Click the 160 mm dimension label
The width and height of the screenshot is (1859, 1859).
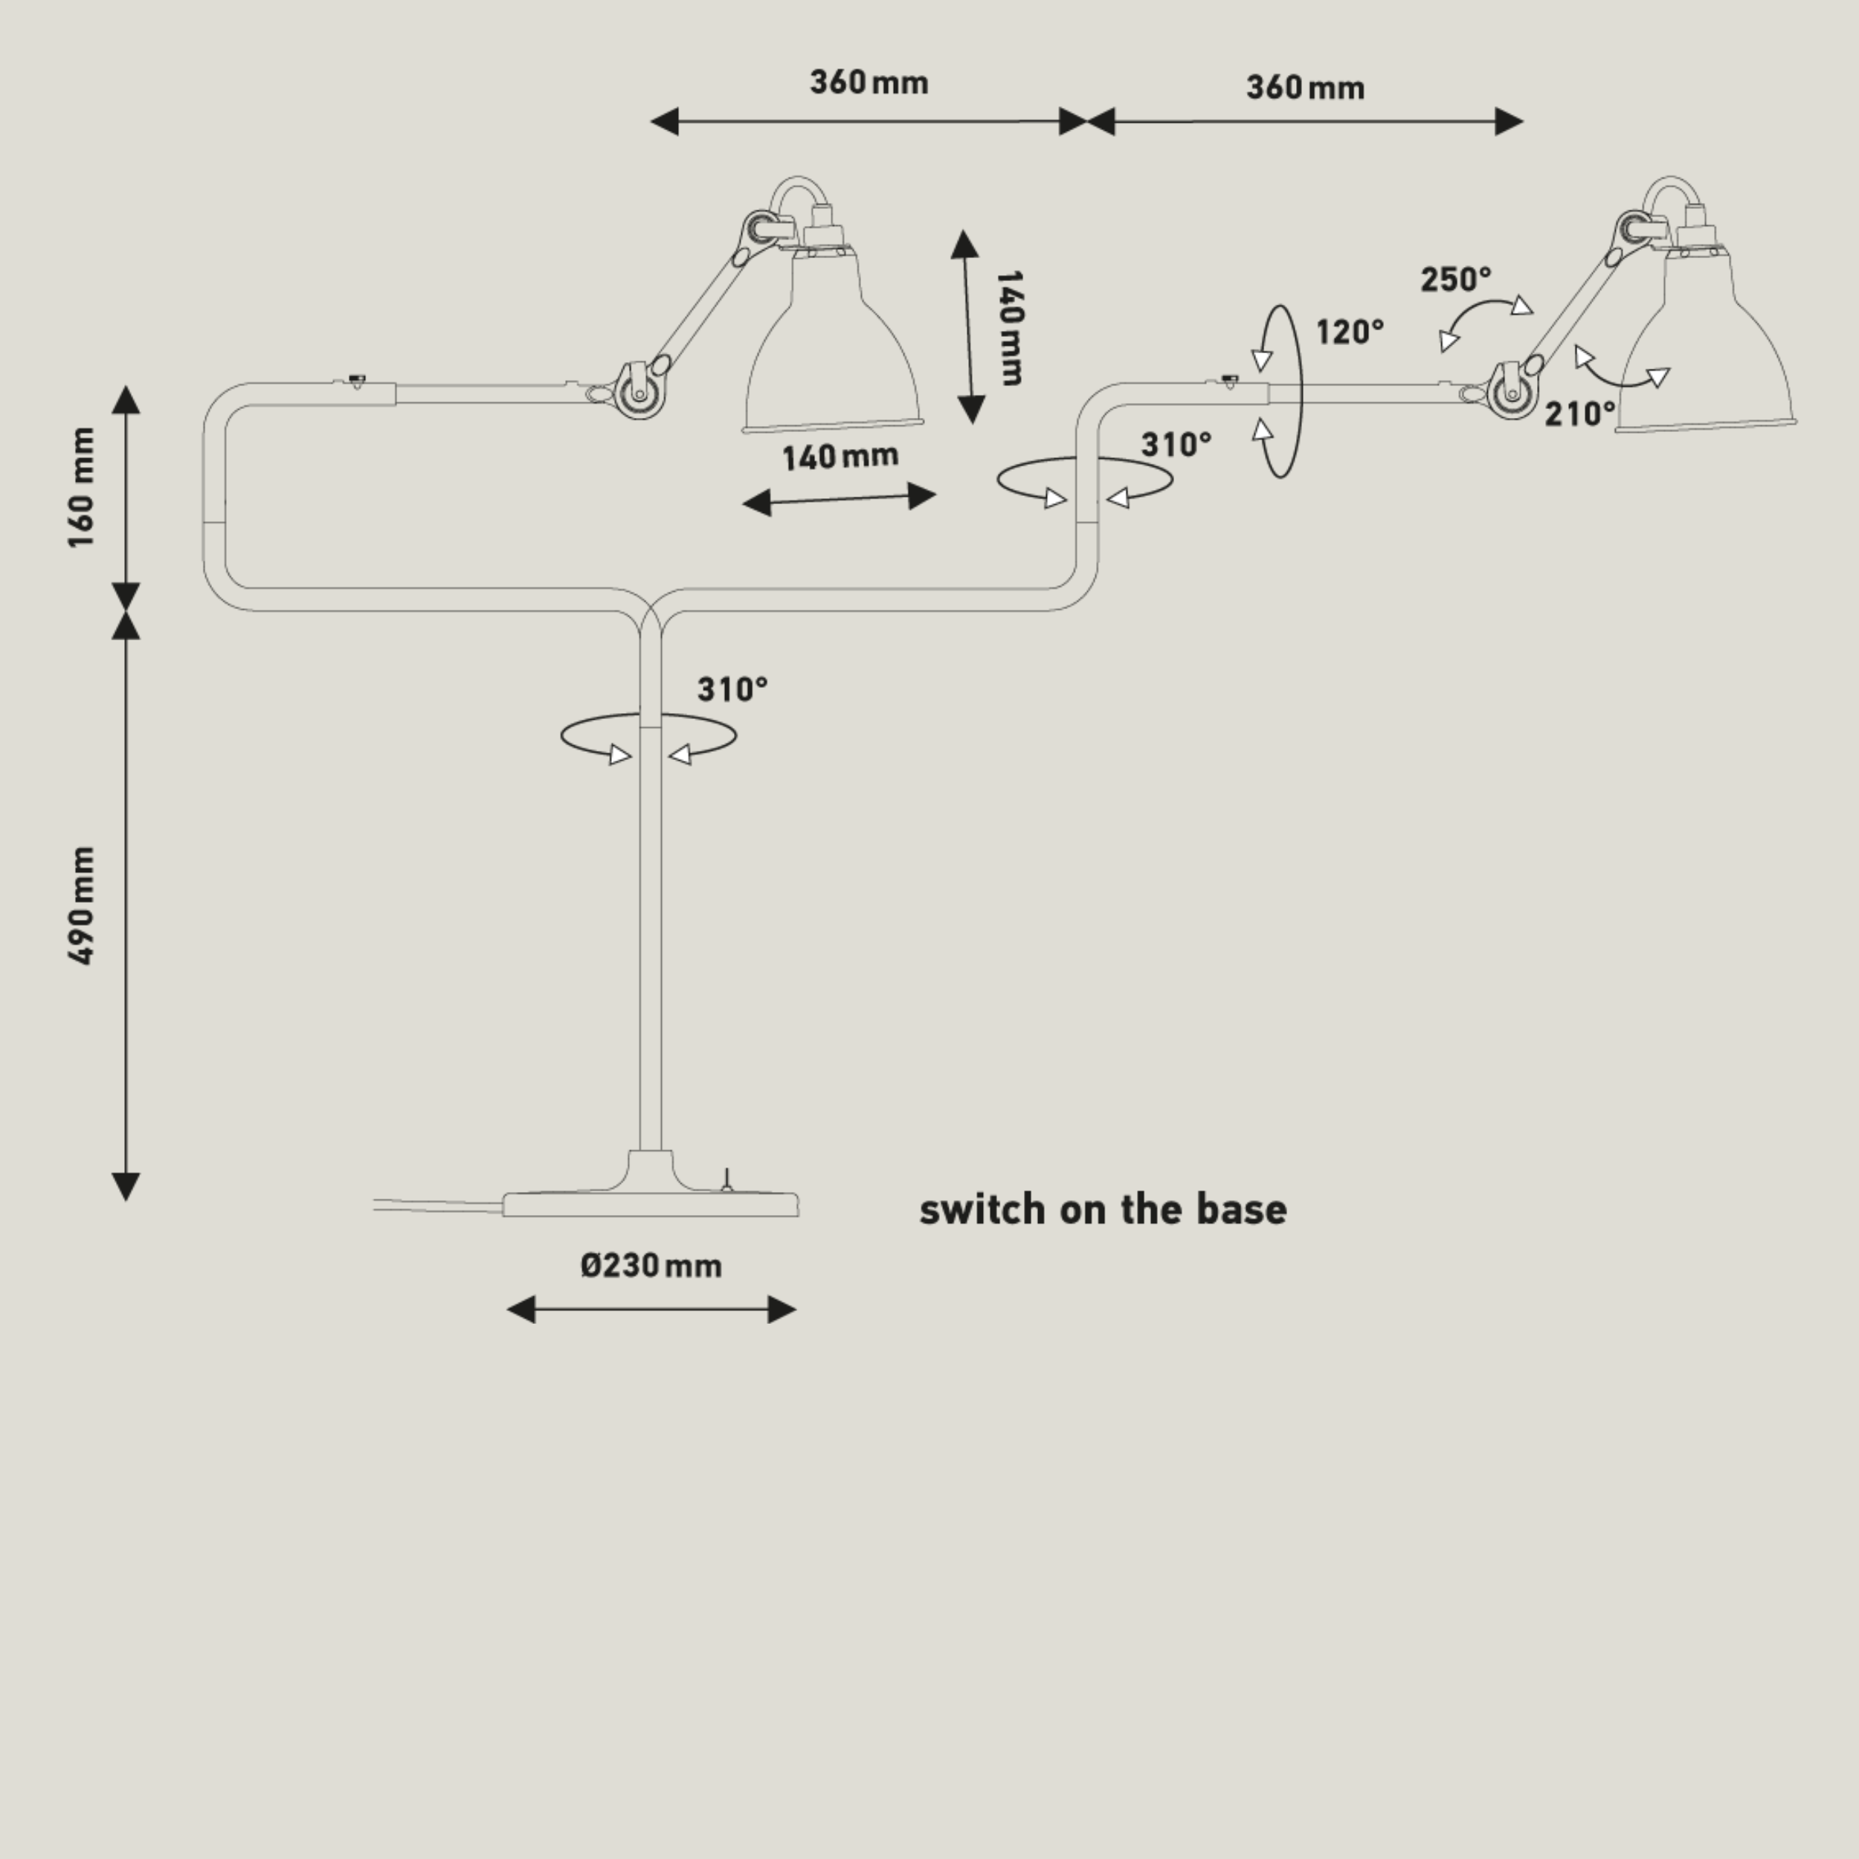(83, 488)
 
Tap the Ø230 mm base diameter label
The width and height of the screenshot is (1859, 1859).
(651, 1266)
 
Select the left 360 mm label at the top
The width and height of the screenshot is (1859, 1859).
(869, 83)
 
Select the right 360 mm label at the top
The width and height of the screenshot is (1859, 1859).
(1305, 88)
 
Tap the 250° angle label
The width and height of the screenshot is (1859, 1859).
(1456, 280)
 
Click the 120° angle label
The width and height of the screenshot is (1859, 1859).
(1350, 332)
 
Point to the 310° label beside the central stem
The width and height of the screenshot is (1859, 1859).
(732, 690)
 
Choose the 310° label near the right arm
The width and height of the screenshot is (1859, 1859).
(1176, 445)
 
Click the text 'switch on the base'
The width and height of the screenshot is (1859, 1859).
(1103, 1210)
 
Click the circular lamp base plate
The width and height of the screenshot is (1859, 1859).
(651, 1204)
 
